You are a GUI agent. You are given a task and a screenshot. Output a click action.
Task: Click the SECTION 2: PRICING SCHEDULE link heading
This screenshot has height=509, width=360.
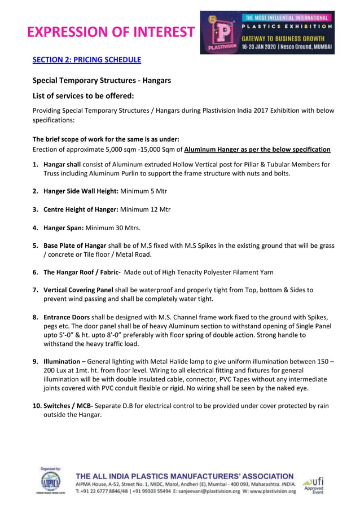pyautogui.click(x=87, y=60)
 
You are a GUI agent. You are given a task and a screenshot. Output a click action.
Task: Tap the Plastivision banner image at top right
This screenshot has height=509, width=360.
pyautogui.click(x=267, y=33)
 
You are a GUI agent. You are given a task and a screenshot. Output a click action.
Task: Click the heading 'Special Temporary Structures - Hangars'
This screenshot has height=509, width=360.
pyautogui.click(x=102, y=80)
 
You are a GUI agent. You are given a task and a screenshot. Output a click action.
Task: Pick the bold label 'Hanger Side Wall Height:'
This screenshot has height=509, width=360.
pyautogui.click(x=81, y=191)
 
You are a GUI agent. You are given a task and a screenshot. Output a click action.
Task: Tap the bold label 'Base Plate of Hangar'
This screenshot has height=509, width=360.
pyautogui.click(x=74, y=246)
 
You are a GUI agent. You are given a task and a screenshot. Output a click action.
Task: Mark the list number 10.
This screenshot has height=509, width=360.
pyautogui.click(x=37, y=406)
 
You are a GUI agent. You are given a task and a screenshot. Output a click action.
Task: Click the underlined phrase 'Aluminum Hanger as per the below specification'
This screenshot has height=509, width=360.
pyautogui.click(x=257, y=150)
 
